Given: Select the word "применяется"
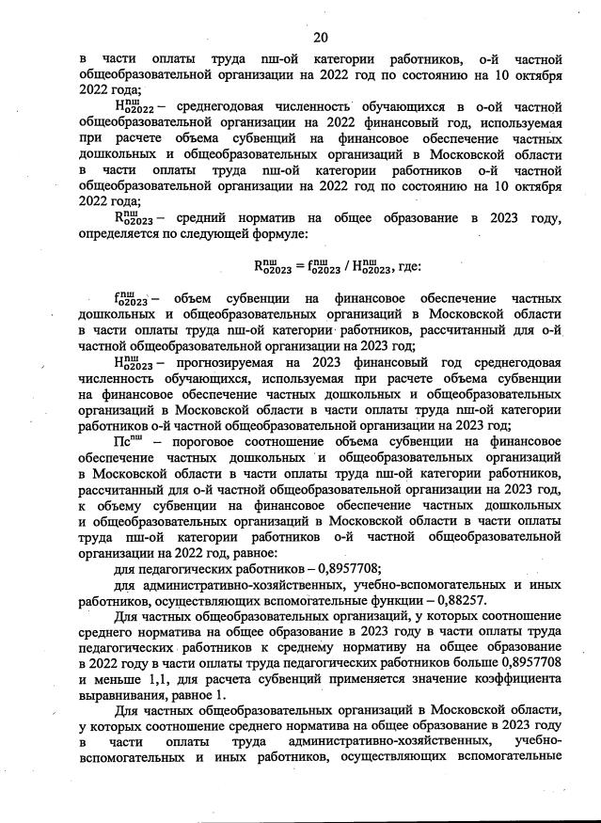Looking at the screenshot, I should (368, 678).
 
